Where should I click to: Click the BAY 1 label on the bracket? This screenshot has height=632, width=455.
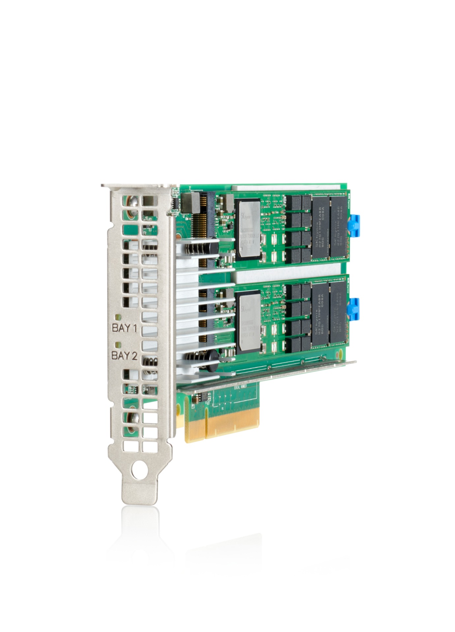click(124, 328)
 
